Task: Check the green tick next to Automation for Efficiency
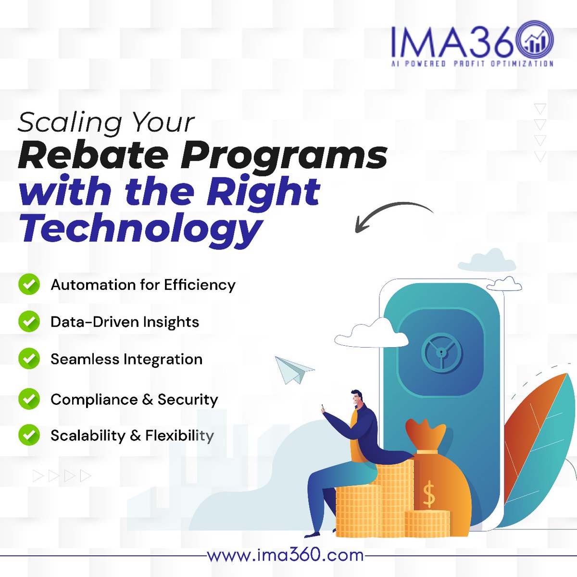click(x=29, y=285)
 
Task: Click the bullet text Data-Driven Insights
click(x=125, y=322)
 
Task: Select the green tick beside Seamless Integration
click(x=29, y=359)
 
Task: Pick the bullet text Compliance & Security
click(x=134, y=400)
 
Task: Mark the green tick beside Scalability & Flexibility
click(x=29, y=435)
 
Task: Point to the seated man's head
click(x=358, y=399)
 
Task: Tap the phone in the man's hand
click(x=324, y=409)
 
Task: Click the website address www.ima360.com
click(x=285, y=555)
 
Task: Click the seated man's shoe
click(x=312, y=533)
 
